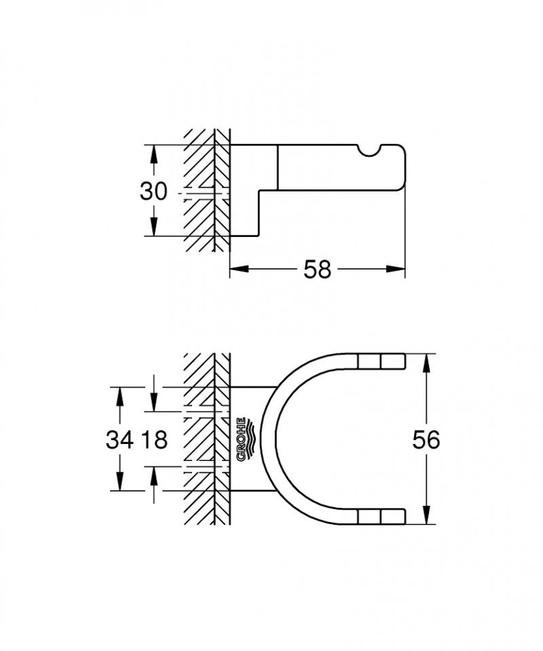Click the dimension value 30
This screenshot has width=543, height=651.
[153, 191]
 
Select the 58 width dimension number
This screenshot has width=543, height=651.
[317, 269]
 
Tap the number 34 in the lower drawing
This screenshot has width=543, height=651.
[119, 440]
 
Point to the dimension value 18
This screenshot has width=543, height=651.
[155, 440]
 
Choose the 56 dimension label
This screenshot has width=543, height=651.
[426, 440]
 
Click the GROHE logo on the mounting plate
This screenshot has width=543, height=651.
[245, 439]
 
